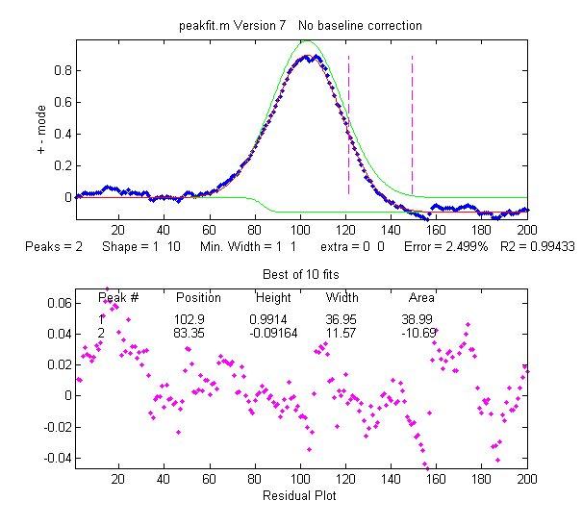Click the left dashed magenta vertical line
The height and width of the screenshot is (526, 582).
coord(348,125)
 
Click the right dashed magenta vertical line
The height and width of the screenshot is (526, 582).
coord(412,125)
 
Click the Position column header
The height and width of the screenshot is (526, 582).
coord(198,297)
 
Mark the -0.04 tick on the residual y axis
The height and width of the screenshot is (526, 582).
coord(56,458)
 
